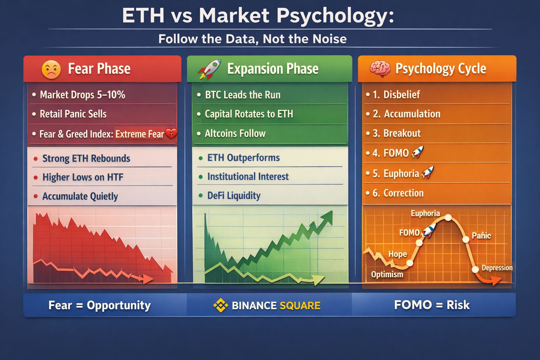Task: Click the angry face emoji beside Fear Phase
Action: coord(51,69)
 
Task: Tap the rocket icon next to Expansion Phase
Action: coord(209,69)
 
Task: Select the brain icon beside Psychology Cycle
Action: coord(380,69)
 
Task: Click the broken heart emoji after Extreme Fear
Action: coord(171,133)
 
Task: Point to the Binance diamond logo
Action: coord(220,305)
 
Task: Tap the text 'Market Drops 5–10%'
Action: coord(83,95)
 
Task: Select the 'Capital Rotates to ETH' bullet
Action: coord(249,114)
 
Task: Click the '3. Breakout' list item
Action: coord(397,133)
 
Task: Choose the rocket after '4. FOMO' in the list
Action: coord(418,152)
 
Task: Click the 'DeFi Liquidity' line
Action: coord(234,195)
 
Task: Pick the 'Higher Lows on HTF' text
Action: coord(83,177)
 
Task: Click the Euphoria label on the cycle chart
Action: coord(425,213)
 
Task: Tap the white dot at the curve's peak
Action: coord(448,218)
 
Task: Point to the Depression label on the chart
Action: coord(497,268)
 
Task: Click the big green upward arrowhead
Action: coord(327,217)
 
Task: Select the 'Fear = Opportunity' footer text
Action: coord(99,305)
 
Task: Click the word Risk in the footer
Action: coord(458,305)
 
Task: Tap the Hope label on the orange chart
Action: coord(398,254)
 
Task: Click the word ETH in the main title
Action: coord(143,16)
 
